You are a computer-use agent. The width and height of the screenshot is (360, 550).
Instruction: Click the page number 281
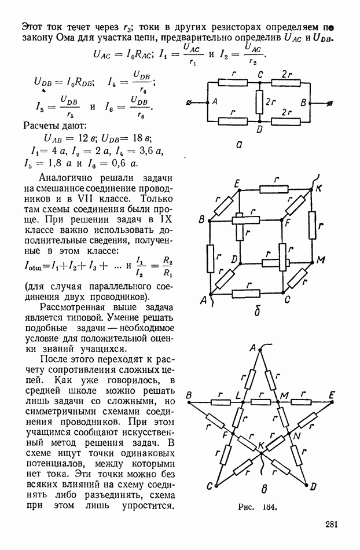click(332, 525)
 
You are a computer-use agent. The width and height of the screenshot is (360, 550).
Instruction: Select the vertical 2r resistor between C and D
click(260, 102)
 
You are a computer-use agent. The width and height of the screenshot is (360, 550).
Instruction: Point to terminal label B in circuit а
click(303, 102)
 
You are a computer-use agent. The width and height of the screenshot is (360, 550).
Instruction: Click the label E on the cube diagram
click(237, 184)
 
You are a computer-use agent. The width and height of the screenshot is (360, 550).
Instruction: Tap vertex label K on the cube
click(319, 188)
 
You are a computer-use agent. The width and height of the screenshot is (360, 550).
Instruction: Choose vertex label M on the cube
click(319, 261)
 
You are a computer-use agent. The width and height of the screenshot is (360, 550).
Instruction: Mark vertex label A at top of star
click(253, 347)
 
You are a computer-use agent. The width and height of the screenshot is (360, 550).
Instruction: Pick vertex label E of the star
click(332, 395)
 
